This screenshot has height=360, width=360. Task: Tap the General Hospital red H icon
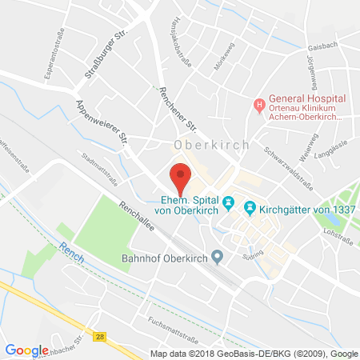(258, 105)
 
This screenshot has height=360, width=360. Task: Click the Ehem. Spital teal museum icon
(229, 204)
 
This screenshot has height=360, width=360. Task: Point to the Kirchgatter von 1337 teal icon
(249, 207)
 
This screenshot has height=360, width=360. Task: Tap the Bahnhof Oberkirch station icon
(228, 257)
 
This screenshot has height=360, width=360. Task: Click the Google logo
(26, 350)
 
